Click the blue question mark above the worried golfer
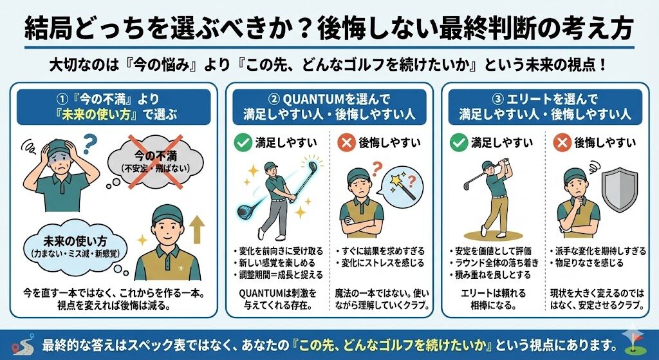pos(89,144)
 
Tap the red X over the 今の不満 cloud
pos(156,162)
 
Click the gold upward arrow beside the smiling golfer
pos(196,230)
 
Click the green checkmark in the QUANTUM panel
pos(243,143)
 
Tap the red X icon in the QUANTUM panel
pos(347,143)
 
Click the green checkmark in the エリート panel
pos(458,143)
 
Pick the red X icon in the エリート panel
pos(562,143)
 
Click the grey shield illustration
pos(620,189)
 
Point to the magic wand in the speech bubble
pos(403,187)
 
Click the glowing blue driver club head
pos(248,211)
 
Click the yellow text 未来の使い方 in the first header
pos(95,115)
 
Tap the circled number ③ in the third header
pos(497,100)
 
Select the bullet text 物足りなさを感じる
pos(587,263)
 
